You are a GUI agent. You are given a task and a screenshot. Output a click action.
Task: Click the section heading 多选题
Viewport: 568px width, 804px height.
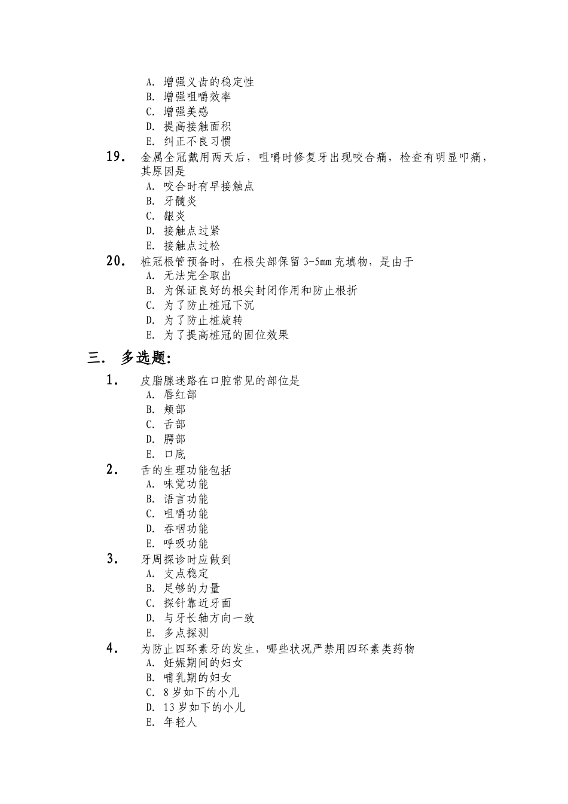pyautogui.click(x=146, y=358)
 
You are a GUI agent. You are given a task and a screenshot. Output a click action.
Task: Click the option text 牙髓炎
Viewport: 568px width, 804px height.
pyautogui.click(x=180, y=202)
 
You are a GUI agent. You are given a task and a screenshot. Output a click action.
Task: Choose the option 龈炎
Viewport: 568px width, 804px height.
pyautogui.click(x=175, y=217)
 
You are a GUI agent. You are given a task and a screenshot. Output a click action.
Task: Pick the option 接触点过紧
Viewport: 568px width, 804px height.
pyautogui.click(x=192, y=232)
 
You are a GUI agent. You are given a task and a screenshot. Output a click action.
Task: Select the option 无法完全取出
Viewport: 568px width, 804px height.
pyautogui.click(x=197, y=276)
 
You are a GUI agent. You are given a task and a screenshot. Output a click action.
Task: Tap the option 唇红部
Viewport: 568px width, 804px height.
pyautogui.click(x=180, y=395)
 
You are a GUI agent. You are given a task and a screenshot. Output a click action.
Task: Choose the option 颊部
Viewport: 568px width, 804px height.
pyautogui.click(x=175, y=410)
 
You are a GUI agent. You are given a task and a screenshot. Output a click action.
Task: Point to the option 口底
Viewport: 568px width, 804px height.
pyautogui.click(x=175, y=455)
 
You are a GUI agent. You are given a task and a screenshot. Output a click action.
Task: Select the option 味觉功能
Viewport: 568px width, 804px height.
pyautogui.click(x=186, y=484)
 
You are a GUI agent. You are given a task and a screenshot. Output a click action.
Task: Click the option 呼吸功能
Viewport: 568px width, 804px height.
pyautogui.click(x=186, y=544)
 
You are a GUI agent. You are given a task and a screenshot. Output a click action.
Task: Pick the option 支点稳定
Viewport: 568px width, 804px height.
pyautogui.click(x=186, y=573)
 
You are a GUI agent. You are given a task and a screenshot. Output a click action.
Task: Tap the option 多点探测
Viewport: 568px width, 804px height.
pyautogui.click(x=186, y=633)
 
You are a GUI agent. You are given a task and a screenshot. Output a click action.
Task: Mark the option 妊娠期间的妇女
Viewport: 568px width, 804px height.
pyautogui.click(x=203, y=663)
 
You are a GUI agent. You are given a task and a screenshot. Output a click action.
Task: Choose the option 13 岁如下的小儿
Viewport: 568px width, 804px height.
pyautogui.click(x=204, y=708)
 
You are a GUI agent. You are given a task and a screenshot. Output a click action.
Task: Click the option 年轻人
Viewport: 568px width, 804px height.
pyautogui.click(x=180, y=723)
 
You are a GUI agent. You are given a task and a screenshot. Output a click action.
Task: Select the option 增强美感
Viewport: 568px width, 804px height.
pyautogui.click(x=186, y=112)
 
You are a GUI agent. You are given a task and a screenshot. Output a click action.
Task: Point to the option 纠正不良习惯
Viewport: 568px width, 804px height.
pyautogui.click(x=197, y=142)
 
